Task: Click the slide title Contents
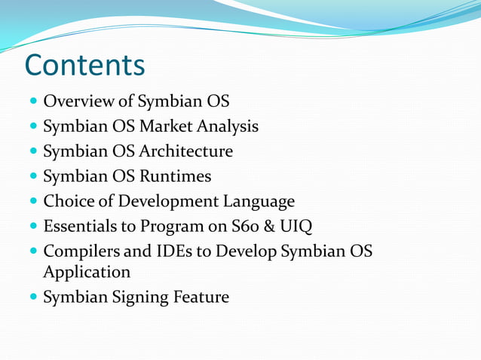click(x=84, y=66)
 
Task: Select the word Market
click(x=174, y=126)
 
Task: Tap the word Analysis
click(x=231, y=126)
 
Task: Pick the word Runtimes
click(x=175, y=176)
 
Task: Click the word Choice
click(x=67, y=201)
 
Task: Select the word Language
click(x=259, y=201)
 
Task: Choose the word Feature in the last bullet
click(x=201, y=297)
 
